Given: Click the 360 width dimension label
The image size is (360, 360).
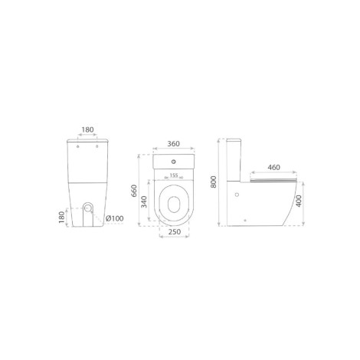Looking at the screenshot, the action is [173, 144].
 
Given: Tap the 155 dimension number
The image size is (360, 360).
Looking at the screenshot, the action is [174, 175].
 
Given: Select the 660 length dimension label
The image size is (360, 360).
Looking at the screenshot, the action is [134, 191].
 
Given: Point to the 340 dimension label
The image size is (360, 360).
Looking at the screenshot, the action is [144, 201].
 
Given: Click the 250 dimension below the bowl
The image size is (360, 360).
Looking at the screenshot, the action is [175, 231].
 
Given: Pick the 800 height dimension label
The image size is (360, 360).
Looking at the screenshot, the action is [214, 182].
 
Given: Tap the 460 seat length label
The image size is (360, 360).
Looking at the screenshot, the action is [273, 168].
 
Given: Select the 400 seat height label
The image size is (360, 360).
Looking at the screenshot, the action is [299, 201].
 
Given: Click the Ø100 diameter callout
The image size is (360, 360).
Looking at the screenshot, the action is [115, 218].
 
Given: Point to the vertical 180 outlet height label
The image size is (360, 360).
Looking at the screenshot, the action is [62, 218].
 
